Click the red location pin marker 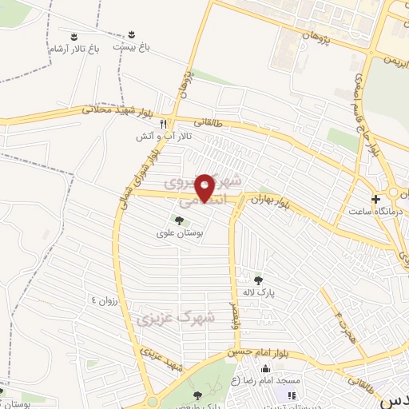coord(205,188)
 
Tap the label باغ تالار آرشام coord(73,50)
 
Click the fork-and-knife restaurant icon coord(164,124)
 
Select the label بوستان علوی coord(179,233)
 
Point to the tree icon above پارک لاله coord(258,280)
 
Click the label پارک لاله coord(260,293)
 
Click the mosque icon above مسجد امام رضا coord(265,368)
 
